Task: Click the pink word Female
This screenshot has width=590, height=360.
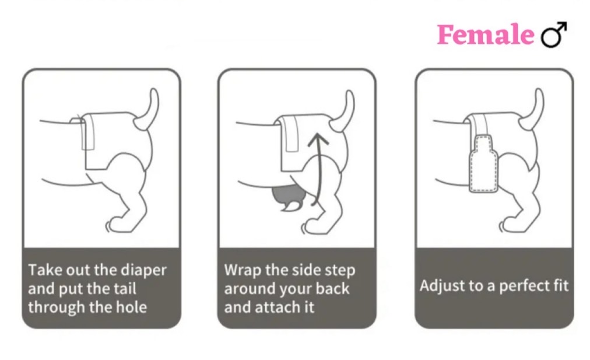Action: click(x=484, y=35)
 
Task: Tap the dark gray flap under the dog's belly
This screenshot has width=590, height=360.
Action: click(x=287, y=196)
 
